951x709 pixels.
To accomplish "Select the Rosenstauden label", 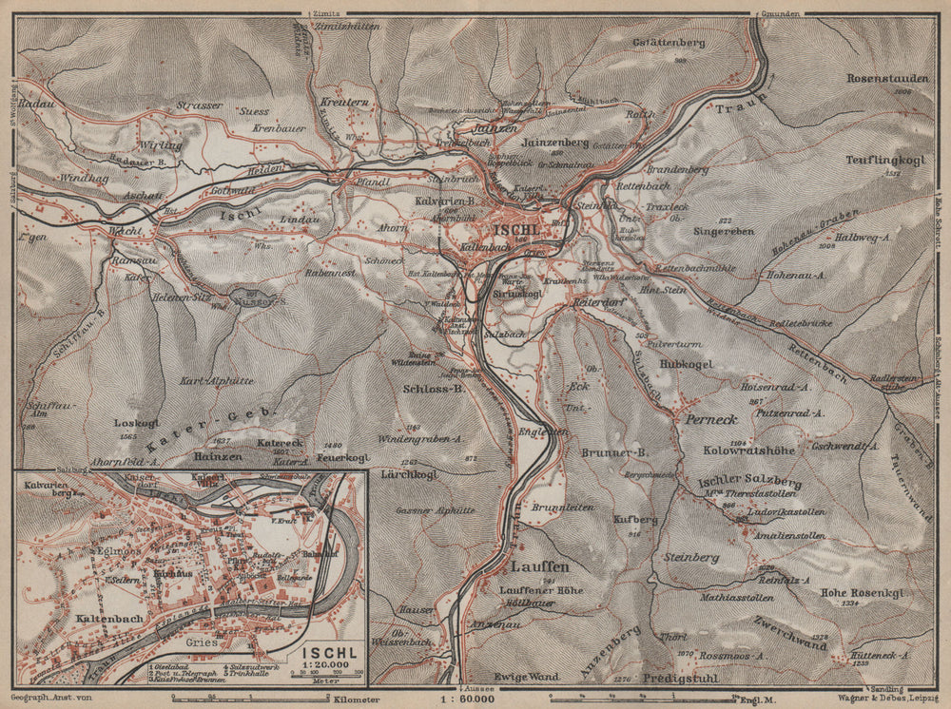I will [x=880, y=79].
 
